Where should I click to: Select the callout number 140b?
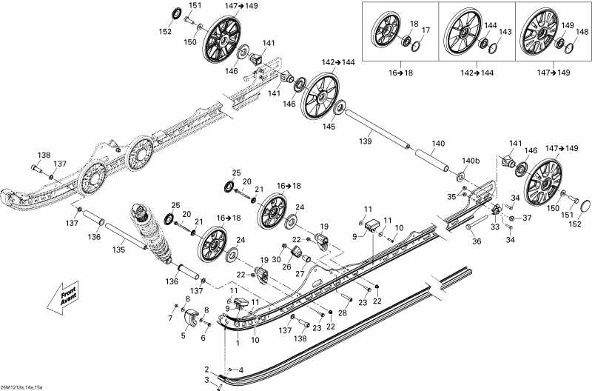(x=471, y=161)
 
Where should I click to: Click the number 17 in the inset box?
(x=426, y=30)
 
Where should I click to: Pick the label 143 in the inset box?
(x=505, y=32)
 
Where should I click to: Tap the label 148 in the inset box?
(x=582, y=32)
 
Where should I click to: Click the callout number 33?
(x=495, y=228)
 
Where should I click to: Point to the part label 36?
(x=477, y=241)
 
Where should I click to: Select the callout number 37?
(x=528, y=218)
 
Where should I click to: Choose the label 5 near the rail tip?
(x=183, y=335)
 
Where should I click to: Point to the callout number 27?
(x=300, y=273)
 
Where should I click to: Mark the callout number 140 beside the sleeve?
(x=438, y=143)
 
